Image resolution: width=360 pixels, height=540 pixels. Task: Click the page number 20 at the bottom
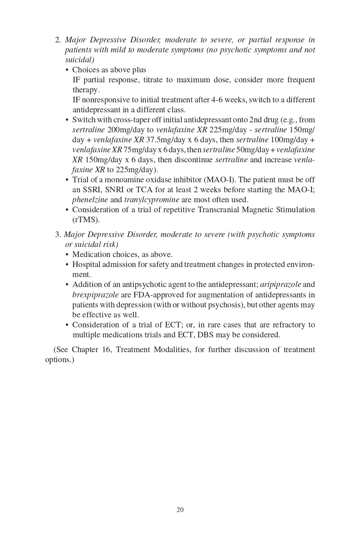click(180, 510)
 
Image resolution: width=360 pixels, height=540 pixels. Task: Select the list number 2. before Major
click(58, 40)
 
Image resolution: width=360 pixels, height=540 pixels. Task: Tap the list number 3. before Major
click(58, 235)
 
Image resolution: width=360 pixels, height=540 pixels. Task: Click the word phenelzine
click(90, 200)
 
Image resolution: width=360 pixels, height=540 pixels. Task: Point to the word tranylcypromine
click(151, 200)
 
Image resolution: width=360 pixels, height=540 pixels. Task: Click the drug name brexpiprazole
click(95, 295)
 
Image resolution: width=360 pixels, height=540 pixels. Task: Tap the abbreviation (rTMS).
click(86, 220)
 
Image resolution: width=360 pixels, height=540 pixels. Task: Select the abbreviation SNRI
click(114, 190)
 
